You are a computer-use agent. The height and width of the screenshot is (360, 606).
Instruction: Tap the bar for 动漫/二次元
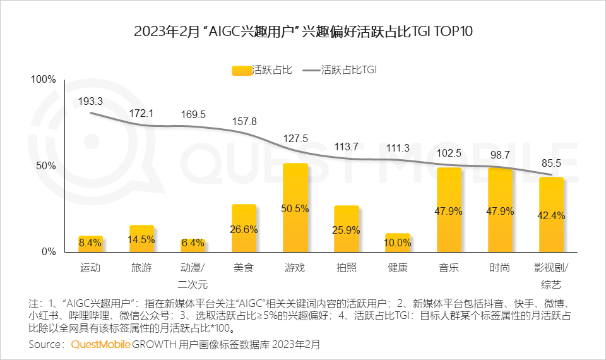[193, 245]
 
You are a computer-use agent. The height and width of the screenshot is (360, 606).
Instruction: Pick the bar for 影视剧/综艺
[551, 214]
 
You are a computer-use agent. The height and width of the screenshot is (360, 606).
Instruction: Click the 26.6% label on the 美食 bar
[244, 230]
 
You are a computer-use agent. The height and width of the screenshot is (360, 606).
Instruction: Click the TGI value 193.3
[91, 101]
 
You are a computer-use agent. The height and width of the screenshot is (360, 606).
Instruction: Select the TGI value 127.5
[295, 138]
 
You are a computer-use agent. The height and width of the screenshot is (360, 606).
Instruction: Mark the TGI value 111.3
[398, 147]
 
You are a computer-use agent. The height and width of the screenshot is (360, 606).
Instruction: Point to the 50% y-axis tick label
[47, 165]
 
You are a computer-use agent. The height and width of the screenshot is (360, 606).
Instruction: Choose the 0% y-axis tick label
[49, 251]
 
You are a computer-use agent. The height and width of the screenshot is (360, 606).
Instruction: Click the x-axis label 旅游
[141, 268]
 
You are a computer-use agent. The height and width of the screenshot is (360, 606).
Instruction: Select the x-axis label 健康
[398, 268]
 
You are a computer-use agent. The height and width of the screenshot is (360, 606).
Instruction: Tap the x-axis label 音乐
[449, 268]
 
